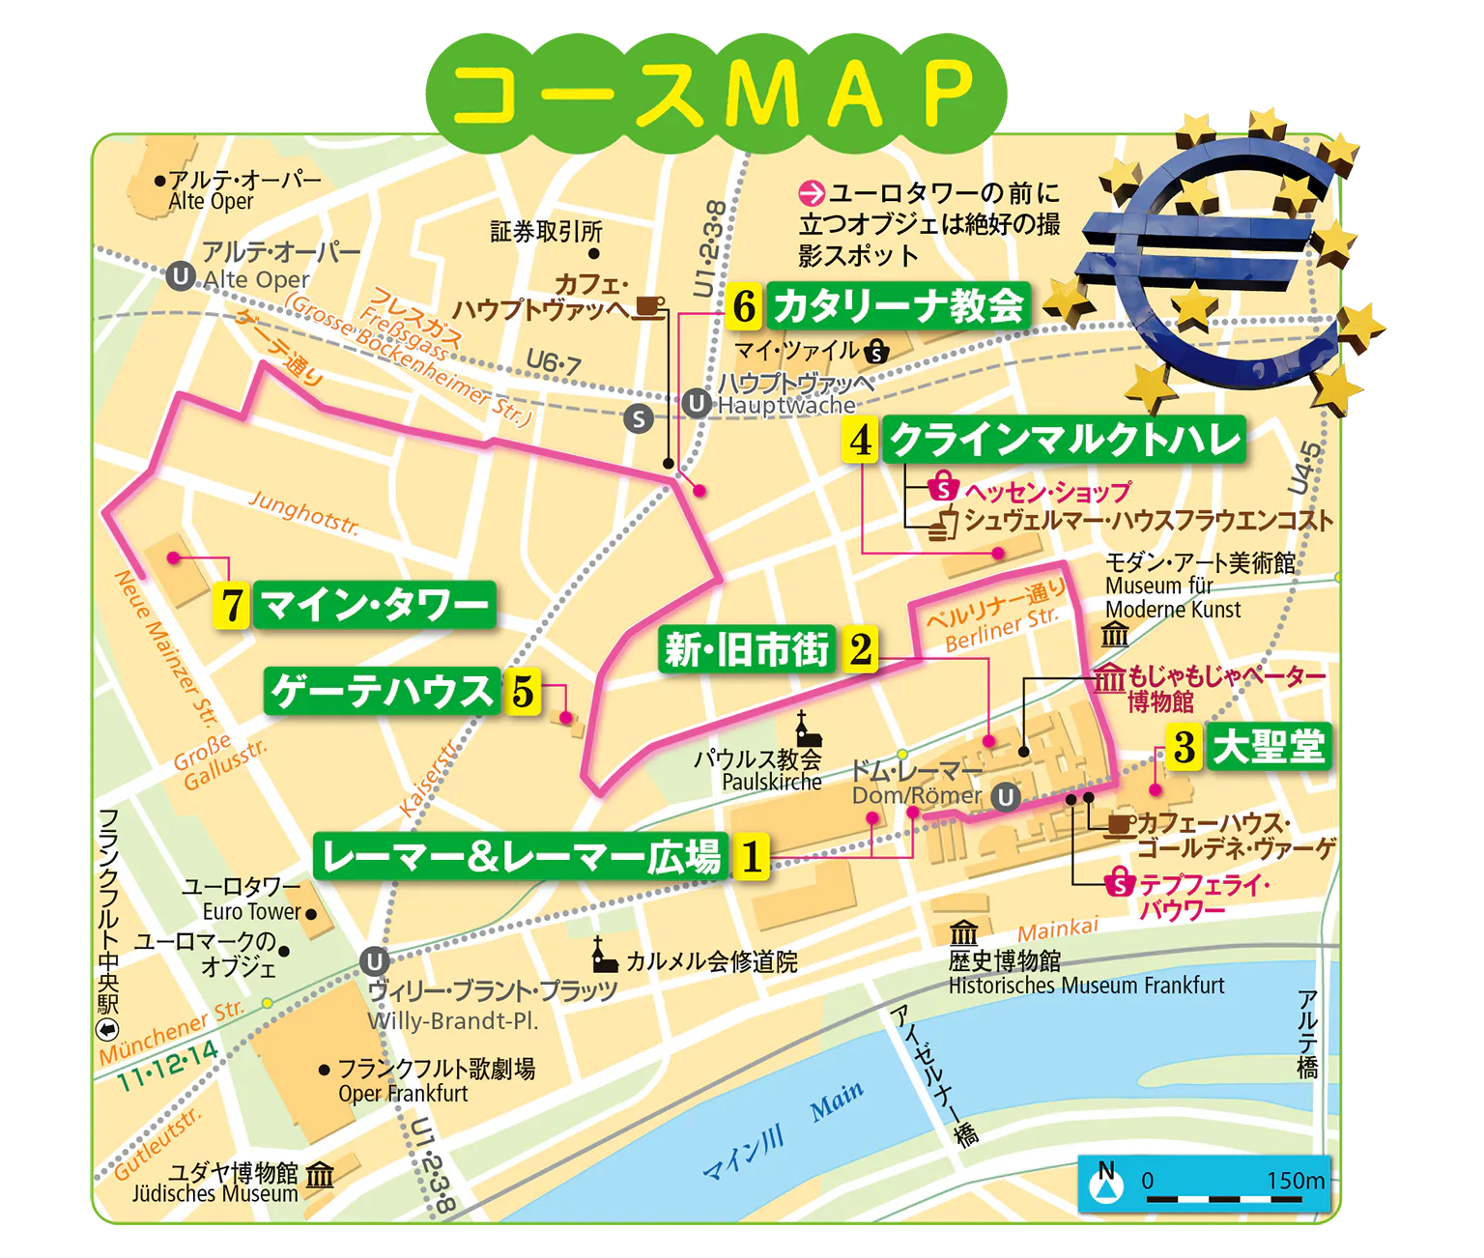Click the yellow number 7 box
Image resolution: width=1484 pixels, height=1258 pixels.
tap(231, 606)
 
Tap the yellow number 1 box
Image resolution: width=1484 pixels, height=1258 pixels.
tap(752, 855)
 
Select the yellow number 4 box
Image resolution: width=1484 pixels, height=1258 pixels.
tap(860, 440)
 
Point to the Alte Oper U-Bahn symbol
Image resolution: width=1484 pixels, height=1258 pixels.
tap(180, 277)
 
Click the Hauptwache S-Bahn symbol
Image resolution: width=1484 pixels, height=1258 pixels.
tap(639, 418)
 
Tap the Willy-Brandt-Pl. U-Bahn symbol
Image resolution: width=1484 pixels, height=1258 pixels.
tap(374, 961)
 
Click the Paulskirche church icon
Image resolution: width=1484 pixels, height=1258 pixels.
tap(801, 729)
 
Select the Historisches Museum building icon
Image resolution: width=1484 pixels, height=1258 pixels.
tap(963, 933)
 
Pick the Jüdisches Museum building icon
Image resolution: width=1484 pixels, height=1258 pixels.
tap(320, 1174)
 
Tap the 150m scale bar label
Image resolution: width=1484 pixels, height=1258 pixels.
tap(1296, 1181)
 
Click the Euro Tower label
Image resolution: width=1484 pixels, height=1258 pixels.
tap(252, 911)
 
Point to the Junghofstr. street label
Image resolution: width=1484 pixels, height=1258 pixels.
tap(303, 512)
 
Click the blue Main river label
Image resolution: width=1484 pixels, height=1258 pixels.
tap(837, 1101)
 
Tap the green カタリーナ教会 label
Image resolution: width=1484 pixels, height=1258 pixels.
tap(898, 306)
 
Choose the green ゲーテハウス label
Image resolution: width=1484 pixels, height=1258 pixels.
tap(382, 691)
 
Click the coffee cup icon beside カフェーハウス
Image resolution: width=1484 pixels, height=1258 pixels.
tap(1120, 824)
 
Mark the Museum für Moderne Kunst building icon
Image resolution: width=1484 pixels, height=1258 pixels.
tap(1115, 635)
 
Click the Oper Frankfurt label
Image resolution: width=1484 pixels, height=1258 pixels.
tap(403, 1093)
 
